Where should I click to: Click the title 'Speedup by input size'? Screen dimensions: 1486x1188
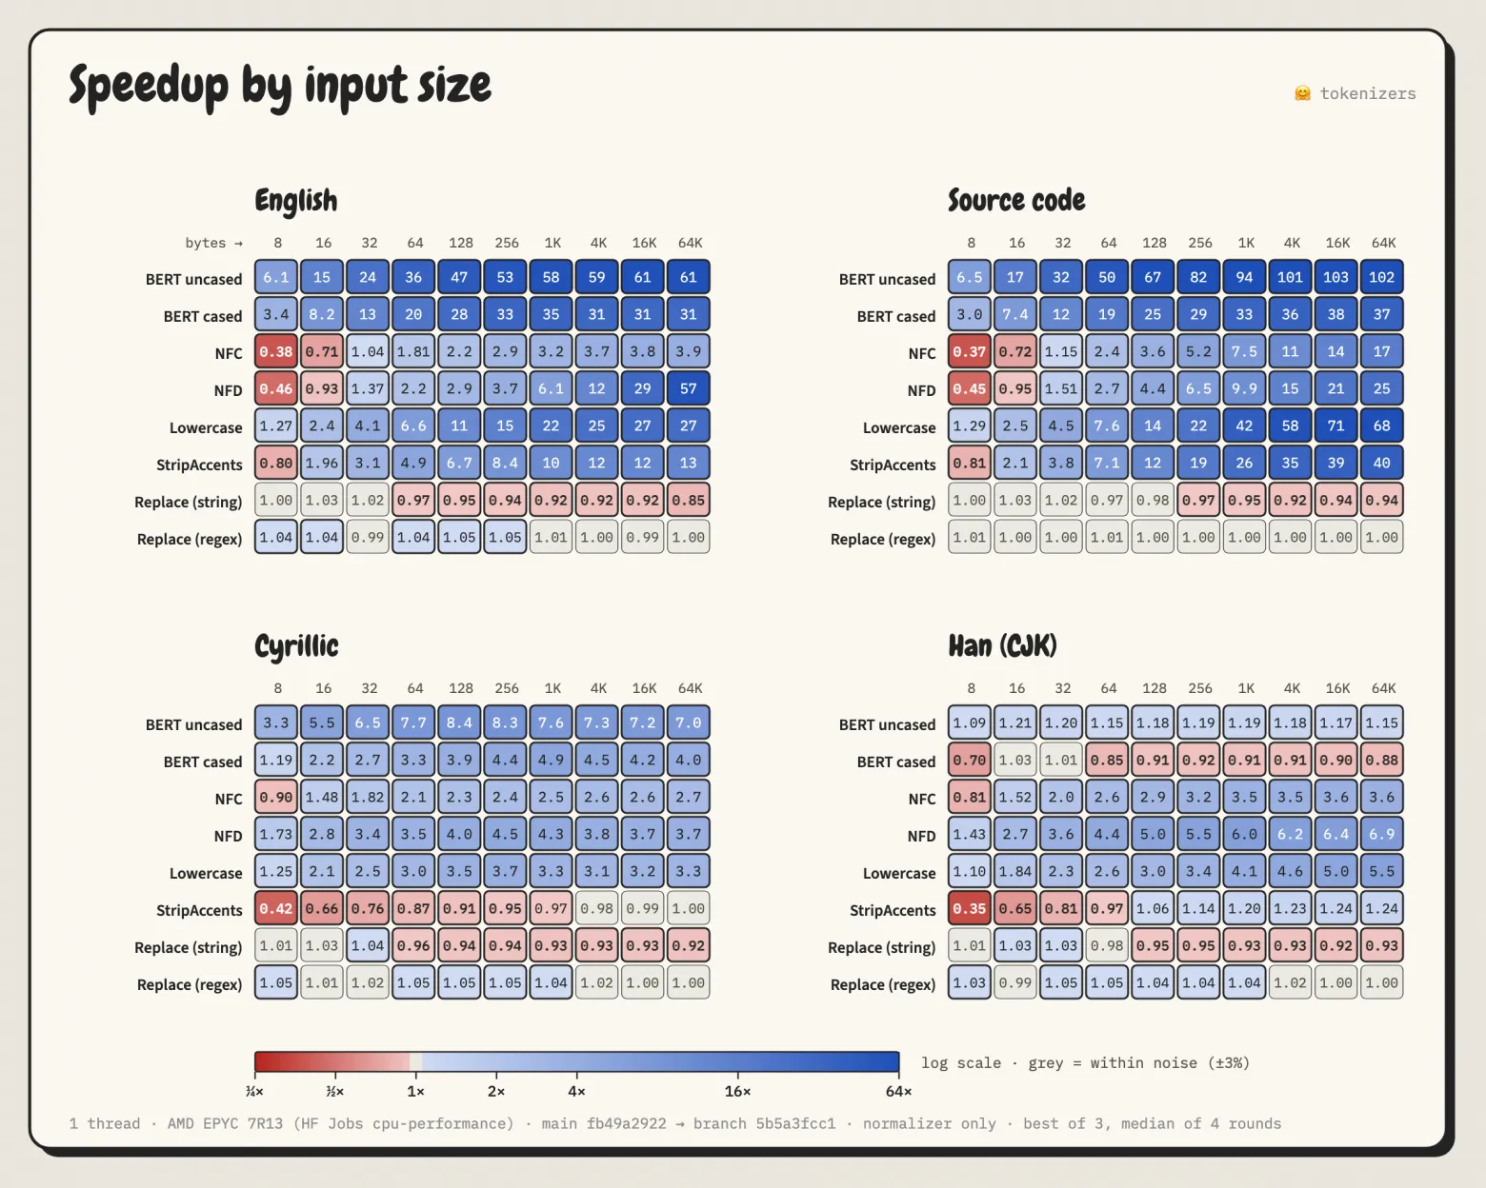(x=280, y=87)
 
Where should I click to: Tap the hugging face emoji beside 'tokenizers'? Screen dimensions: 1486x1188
(x=1302, y=93)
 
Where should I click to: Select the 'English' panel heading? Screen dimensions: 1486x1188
(x=296, y=201)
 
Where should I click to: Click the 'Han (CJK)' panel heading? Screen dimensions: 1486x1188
(x=1003, y=645)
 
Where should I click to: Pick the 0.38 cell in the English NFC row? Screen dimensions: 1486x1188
(x=276, y=351)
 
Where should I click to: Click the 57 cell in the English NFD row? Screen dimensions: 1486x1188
(x=689, y=388)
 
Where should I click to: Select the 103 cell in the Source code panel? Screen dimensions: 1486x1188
(x=1335, y=277)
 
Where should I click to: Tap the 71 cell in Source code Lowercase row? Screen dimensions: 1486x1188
(x=1335, y=426)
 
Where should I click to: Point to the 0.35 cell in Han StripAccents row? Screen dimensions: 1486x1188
(x=970, y=908)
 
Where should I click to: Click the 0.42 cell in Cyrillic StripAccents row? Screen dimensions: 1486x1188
(x=276, y=908)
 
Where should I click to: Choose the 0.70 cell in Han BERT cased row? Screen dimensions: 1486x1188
(x=970, y=760)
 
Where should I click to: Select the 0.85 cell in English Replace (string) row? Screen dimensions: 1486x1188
(x=689, y=500)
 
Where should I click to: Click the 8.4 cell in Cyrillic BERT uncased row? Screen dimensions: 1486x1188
(x=459, y=723)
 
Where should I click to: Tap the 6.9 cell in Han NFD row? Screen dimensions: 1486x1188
(x=1382, y=834)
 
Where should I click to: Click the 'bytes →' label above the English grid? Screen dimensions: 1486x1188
(x=214, y=243)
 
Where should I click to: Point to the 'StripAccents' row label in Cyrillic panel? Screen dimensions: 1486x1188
(x=199, y=910)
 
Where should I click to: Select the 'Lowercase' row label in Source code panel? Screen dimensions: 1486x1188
(x=899, y=428)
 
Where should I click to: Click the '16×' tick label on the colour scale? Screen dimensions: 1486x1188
(x=737, y=1091)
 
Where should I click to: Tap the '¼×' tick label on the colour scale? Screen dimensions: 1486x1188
(x=254, y=1091)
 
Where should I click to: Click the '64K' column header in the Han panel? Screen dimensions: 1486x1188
(x=1383, y=688)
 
